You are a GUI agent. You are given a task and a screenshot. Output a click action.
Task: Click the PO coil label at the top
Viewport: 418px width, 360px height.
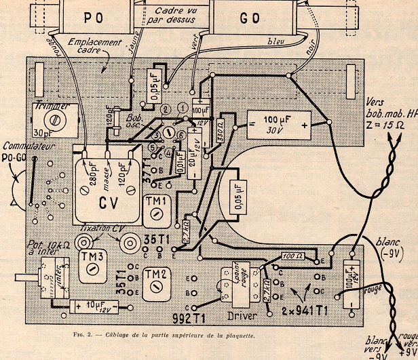tap(96, 16)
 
